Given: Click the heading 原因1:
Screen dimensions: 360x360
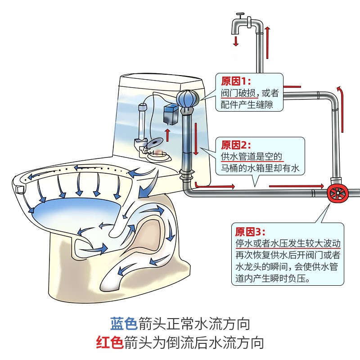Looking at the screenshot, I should [x=234, y=81].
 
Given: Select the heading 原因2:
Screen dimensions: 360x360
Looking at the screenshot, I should [x=234, y=145].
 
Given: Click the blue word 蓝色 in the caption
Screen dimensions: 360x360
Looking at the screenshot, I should [x=124, y=323].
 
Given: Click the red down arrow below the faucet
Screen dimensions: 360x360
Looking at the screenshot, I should [x=235, y=41].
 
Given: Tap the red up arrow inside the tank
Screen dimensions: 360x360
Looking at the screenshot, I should [x=167, y=134].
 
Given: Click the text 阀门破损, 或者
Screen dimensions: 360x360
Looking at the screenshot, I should [x=250, y=94].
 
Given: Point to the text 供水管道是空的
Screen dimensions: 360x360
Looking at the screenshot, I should [x=252, y=157].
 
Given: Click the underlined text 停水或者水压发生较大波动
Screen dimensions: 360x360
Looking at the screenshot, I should [x=288, y=243].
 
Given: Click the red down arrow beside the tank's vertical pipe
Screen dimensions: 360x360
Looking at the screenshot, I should [x=196, y=137].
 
